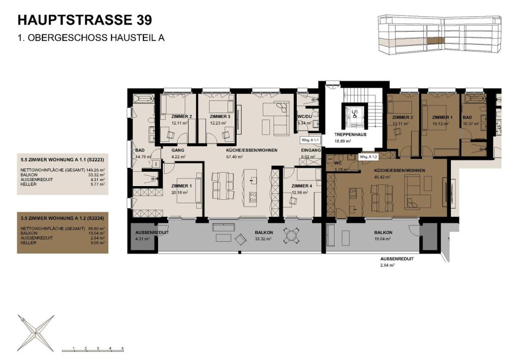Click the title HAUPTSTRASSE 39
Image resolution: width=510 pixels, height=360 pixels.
pyautogui.click(x=84, y=20)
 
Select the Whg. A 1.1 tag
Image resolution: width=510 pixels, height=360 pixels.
pyautogui.click(x=309, y=139)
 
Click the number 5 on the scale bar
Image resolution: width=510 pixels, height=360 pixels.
pyautogui.click(x=122, y=347)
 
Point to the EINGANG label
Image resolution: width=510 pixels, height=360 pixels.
pyautogui.click(x=311, y=151)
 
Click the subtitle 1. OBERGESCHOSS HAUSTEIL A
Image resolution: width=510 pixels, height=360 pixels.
pyautogui.click(x=91, y=38)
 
